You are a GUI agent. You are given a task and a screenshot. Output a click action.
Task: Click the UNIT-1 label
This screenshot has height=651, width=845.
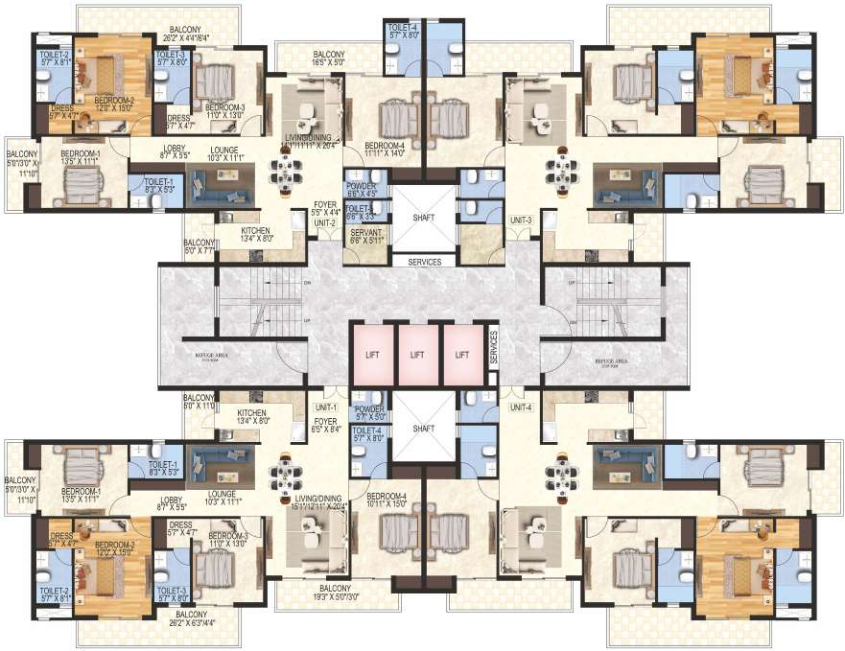point(325,407)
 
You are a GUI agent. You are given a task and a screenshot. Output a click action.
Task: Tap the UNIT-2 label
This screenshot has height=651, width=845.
point(324,222)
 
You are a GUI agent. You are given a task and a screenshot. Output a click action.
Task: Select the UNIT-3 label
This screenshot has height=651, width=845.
point(521,220)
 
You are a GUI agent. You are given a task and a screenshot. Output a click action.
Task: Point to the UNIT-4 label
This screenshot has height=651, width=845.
point(521,407)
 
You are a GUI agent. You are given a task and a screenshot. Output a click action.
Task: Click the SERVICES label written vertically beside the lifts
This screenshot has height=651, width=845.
point(493,345)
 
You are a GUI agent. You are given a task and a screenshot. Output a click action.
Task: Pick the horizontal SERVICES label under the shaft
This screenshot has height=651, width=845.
point(423,261)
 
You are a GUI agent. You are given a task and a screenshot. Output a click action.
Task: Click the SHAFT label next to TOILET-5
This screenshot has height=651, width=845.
point(423,218)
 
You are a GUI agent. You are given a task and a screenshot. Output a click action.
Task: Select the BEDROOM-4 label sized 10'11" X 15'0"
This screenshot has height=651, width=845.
point(387,500)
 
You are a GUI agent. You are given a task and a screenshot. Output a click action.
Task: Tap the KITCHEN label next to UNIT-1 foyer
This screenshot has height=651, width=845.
point(254,415)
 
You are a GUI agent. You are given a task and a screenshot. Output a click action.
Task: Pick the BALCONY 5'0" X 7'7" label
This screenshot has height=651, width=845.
point(199,247)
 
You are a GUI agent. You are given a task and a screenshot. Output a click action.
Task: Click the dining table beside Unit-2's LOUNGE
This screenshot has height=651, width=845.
point(285,174)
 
